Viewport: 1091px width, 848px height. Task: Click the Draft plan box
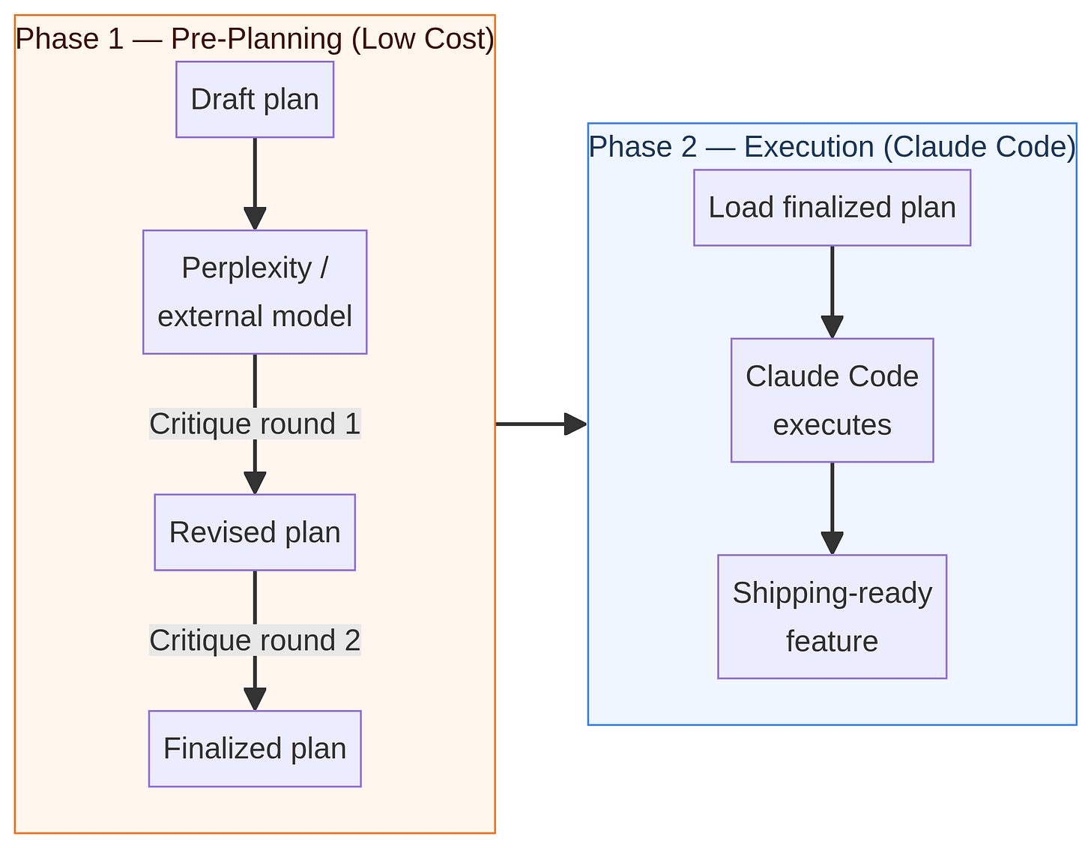255,100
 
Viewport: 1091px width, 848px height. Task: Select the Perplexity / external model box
255,292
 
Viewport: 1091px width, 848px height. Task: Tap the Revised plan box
255,532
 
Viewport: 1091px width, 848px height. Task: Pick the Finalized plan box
255,748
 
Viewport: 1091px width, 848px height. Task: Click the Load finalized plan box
832,208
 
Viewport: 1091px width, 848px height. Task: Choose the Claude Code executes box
832,400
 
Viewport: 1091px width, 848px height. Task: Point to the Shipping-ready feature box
832,616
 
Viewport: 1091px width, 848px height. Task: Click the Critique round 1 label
255,424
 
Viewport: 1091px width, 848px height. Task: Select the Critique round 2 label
255,640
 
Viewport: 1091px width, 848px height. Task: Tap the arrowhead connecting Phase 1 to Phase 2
575,424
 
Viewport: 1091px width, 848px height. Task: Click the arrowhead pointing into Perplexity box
255,219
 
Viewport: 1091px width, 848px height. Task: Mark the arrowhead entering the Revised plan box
255,483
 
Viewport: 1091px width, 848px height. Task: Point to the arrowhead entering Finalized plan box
255,699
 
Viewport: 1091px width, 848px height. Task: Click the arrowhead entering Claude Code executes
832,327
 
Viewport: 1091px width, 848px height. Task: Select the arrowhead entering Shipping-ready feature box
832,543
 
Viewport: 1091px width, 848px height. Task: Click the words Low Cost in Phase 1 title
423,39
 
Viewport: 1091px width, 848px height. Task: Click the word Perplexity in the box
246,268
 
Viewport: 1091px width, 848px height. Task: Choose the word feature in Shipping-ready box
832,641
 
